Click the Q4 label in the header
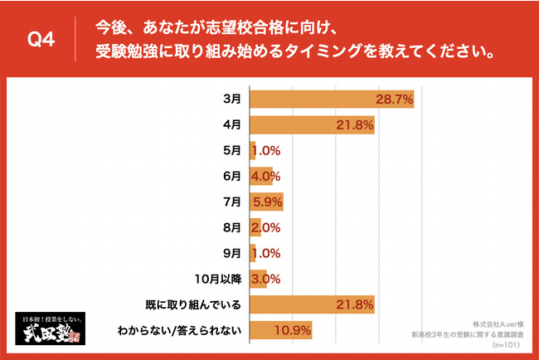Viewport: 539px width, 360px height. (41, 40)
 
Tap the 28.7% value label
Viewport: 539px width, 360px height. (394, 100)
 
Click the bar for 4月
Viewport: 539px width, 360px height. (312, 125)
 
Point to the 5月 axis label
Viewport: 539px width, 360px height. (232, 151)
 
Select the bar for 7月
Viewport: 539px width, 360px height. (266, 202)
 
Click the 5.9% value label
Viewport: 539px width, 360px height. (269, 202)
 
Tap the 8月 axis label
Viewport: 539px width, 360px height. (232, 227)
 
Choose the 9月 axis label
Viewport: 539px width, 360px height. (232, 253)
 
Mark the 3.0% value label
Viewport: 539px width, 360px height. (266, 279)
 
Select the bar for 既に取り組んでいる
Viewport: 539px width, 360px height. (312, 304)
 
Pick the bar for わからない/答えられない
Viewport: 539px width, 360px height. (280, 330)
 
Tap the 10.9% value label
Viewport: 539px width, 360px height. (294, 330)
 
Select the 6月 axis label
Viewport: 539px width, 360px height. (232, 177)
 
